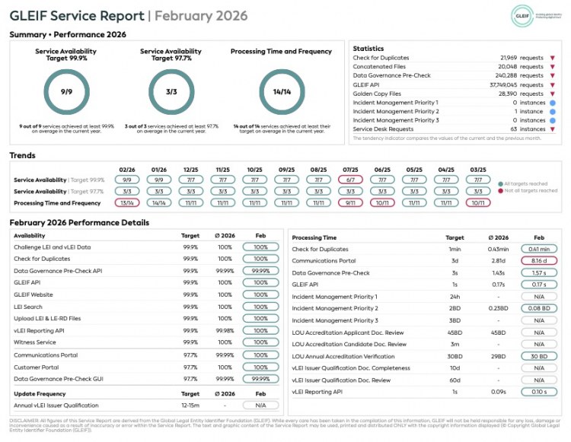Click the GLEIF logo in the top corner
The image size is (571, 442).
click(524, 15)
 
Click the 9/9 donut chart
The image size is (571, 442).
click(66, 91)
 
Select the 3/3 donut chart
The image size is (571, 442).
click(171, 91)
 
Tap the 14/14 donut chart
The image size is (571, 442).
click(281, 91)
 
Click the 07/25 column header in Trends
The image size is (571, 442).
click(351, 170)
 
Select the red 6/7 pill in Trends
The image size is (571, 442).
click(351, 180)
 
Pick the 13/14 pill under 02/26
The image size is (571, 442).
click(127, 203)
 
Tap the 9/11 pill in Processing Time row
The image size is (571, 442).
click(351, 203)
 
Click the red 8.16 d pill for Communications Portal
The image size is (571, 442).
click(538, 260)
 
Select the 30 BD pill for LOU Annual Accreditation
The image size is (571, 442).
click(538, 356)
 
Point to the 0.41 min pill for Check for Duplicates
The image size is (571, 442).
click(538, 249)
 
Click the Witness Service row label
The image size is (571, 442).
click(36, 342)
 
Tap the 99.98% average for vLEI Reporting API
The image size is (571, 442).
click(225, 330)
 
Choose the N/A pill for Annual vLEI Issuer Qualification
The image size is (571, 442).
click(260, 405)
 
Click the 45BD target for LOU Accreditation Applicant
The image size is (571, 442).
click(455, 332)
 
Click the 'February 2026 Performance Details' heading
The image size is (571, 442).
click(79, 223)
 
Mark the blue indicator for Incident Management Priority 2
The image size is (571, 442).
click(552, 111)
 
